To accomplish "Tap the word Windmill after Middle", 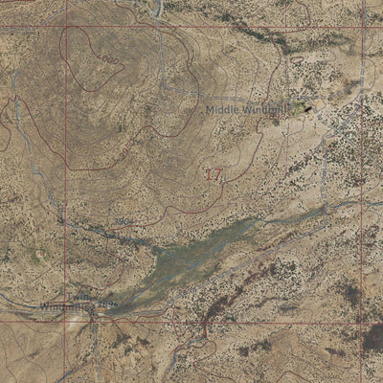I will pyautogui.click(x=260, y=110).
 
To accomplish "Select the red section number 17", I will pyautogui.click(x=214, y=174).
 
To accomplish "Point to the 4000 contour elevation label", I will pyautogui.click(x=112, y=59).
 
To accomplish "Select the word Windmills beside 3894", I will pyautogui.click(x=65, y=306).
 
